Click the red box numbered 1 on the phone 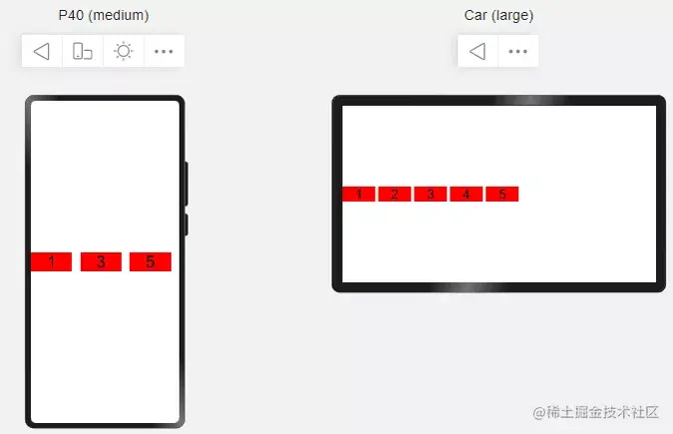click(51, 261)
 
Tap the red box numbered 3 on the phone click(101, 261)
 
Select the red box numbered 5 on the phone click(151, 261)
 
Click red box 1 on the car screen click(359, 194)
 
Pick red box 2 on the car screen click(395, 194)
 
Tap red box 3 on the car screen click(431, 194)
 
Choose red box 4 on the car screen click(467, 194)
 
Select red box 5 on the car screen click(503, 194)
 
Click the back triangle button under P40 click(42, 51)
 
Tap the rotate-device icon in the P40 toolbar click(83, 51)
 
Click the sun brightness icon click(124, 51)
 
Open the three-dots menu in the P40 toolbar click(164, 52)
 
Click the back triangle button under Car click(478, 51)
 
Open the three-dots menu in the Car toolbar click(517, 52)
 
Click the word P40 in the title click(71, 15)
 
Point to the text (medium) click(119, 16)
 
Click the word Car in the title click(476, 15)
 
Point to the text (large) click(512, 16)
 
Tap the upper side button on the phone click(186, 184)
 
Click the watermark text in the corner click(596, 412)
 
